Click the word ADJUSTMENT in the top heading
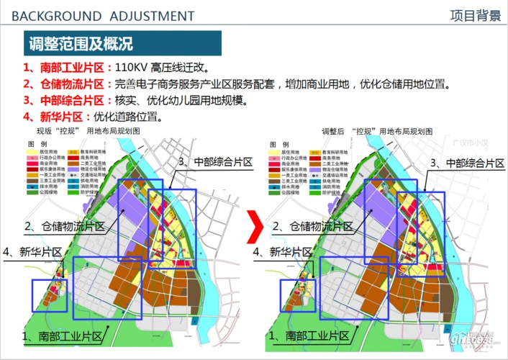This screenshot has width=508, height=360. (x=153, y=16)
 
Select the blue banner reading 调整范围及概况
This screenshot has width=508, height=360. (x=81, y=44)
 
